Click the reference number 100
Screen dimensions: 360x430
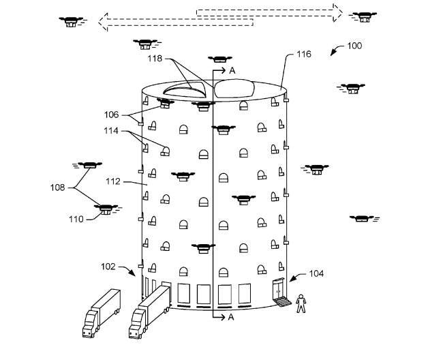tap(354, 46)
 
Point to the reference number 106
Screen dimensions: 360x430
tap(112, 114)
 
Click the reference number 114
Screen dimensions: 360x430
tap(112, 131)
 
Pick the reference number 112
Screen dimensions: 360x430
tap(112, 182)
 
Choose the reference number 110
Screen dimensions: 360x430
tap(76, 219)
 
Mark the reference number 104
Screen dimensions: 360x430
tap(316, 273)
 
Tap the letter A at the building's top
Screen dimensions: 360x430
tap(232, 70)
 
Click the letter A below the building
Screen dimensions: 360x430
tap(232, 317)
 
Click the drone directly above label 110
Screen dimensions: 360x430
tap(106, 207)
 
